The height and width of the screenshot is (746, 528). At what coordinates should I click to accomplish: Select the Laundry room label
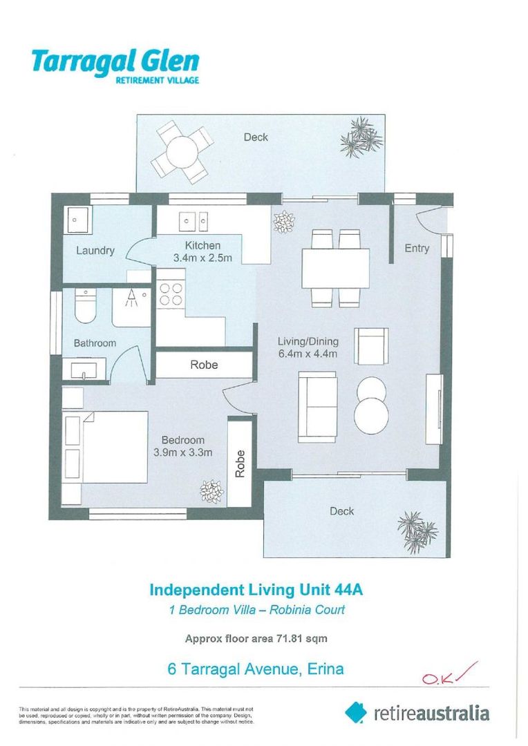[95, 251]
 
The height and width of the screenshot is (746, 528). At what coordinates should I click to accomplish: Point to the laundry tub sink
[76, 221]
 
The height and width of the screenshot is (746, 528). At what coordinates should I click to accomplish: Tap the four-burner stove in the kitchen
[171, 295]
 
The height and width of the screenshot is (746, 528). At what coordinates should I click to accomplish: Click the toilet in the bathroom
[85, 307]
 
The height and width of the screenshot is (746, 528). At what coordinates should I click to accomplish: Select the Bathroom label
[95, 343]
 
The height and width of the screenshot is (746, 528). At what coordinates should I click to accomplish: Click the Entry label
[416, 249]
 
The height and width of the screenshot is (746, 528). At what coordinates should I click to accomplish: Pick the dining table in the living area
[335, 268]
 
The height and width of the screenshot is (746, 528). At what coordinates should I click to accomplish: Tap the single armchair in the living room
[371, 345]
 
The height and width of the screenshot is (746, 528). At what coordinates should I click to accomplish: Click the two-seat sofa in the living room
[317, 407]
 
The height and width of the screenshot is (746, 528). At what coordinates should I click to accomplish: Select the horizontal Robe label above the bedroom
[204, 365]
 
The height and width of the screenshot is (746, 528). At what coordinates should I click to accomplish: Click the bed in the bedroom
[105, 448]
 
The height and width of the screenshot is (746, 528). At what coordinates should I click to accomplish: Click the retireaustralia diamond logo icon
[356, 712]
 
